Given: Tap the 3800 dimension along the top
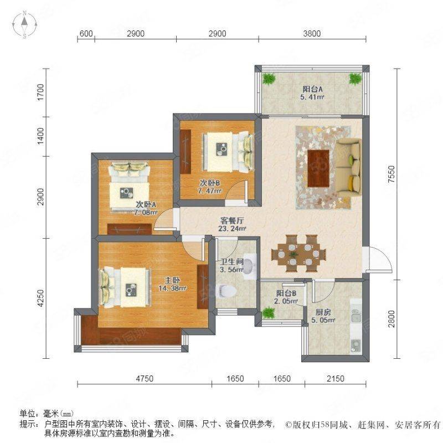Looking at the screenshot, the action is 312,34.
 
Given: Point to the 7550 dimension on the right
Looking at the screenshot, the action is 392,174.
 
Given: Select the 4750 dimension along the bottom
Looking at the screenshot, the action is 145,378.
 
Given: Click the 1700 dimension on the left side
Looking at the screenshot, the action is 40,92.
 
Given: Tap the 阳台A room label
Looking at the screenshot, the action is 312,89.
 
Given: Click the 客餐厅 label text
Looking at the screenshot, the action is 232,220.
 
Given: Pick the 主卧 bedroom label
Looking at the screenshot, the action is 172,280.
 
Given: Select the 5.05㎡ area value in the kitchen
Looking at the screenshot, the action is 323,321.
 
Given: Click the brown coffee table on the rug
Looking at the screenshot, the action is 318,168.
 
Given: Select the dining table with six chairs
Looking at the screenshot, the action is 298,254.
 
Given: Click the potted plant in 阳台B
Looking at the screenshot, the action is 268,313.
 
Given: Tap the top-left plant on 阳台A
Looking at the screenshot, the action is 269,78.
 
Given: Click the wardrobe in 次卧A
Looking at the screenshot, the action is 130,229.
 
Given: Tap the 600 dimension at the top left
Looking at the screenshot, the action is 86,34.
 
